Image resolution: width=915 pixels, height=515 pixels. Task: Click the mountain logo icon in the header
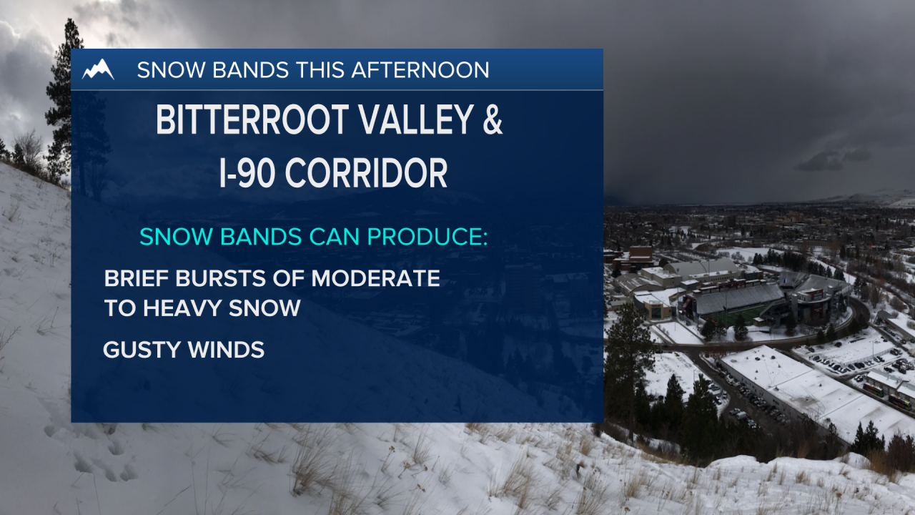coord(98,69)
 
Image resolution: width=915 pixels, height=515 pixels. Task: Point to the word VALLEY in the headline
coord(412,121)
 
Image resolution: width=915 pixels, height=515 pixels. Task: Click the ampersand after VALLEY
coord(491,121)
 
